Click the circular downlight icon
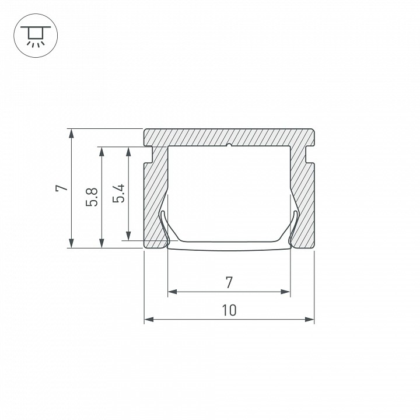pos(36,36)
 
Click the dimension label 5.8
pos(92,197)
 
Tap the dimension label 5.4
pos(118,194)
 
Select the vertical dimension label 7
pos(62,188)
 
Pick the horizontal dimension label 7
pos(229,282)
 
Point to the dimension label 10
pos(229,310)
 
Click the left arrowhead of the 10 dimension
pos(149,319)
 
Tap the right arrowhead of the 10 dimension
pos(309,319)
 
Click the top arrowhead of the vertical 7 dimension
pos(71,134)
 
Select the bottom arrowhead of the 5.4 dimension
pos(128,236)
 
